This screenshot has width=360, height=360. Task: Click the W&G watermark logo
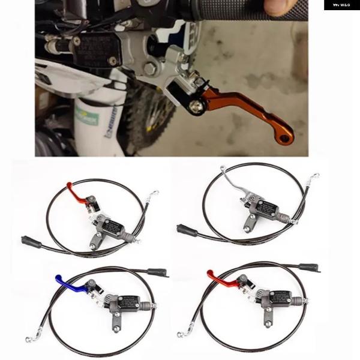coord(341,5)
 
